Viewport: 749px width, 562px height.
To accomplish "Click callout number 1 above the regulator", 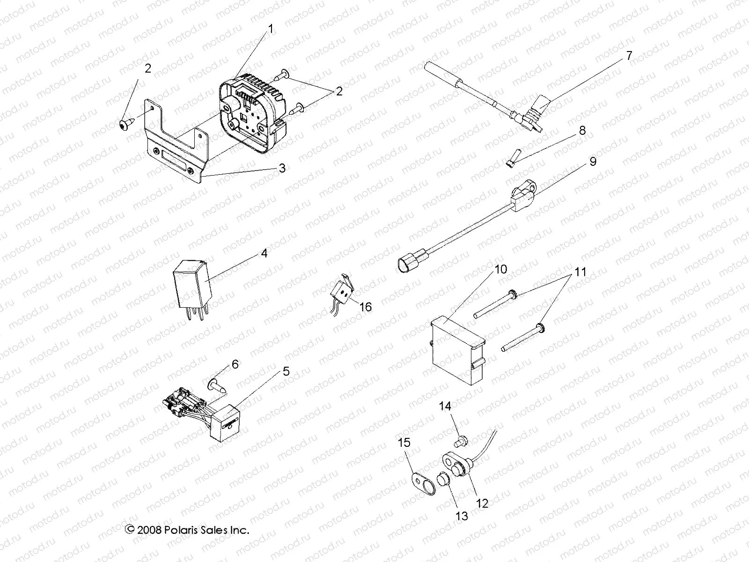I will [x=271, y=29].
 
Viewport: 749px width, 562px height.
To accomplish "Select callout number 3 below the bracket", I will [x=282, y=168].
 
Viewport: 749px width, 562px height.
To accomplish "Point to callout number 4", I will [x=264, y=253].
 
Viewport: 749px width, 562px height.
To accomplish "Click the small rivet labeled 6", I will [x=216, y=386].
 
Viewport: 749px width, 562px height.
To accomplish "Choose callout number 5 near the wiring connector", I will [x=286, y=371].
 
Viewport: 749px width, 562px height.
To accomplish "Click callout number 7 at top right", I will [x=629, y=56].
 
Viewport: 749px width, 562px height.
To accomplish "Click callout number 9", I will [x=593, y=162].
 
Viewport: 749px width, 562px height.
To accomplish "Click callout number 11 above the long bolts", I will [x=580, y=272].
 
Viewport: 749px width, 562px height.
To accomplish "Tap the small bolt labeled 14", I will [x=459, y=440].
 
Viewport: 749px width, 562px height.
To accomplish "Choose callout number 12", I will [x=482, y=503].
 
